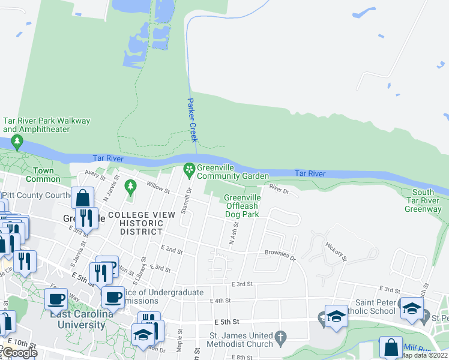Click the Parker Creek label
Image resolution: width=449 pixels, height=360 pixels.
click(193, 120)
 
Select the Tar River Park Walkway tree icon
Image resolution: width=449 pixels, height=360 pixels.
click(17, 142)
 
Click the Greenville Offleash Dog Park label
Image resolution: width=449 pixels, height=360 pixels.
click(242, 206)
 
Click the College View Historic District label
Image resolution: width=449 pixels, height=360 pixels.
click(136, 223)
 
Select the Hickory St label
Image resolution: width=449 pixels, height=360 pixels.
click(336, 251)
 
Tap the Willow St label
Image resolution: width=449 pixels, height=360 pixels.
click(158, 188)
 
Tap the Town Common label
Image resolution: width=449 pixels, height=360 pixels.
click(40, 175)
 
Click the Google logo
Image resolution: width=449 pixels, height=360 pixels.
click(19, 353)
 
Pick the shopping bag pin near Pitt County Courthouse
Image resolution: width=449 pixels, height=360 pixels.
click(82, 197)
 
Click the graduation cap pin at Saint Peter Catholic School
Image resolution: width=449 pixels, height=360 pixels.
click(412, 308)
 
